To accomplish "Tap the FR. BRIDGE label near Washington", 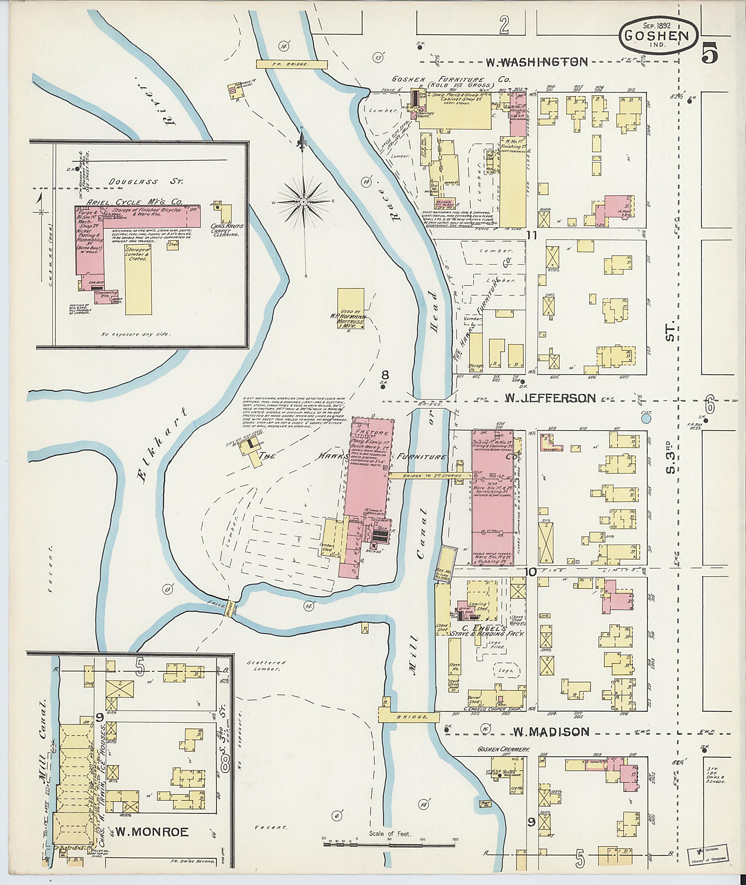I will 292,64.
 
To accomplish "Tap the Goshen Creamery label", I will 503,749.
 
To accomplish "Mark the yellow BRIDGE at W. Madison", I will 409,718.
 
